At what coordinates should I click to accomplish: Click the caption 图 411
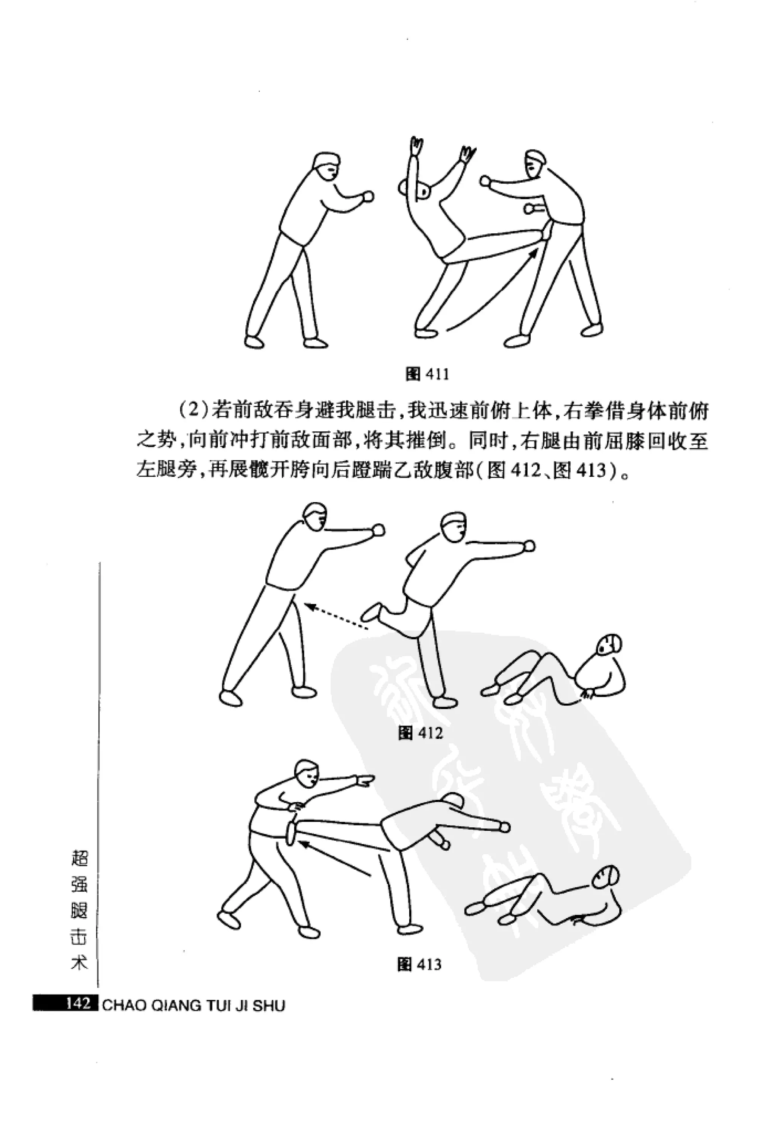point(427,374)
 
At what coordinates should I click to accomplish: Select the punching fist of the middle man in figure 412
point(529,545)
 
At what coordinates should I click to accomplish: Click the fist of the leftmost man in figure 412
point(378,530)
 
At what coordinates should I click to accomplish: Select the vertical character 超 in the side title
point(79,858)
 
